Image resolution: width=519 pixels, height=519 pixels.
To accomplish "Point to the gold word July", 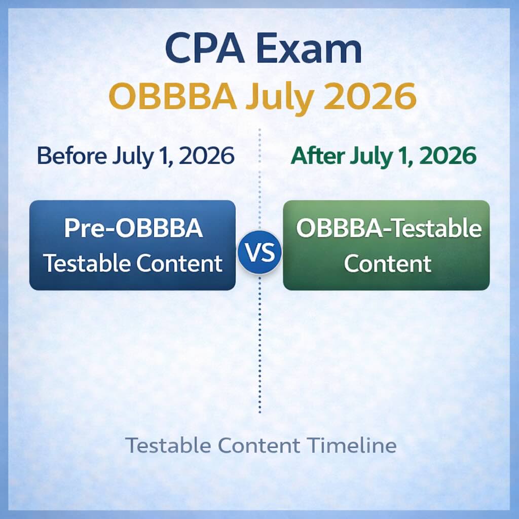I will tap(275, 98).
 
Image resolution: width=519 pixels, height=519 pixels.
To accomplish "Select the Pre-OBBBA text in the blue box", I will tap(133, 229).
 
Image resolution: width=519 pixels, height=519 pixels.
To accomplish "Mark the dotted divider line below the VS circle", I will tap(259, 345).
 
